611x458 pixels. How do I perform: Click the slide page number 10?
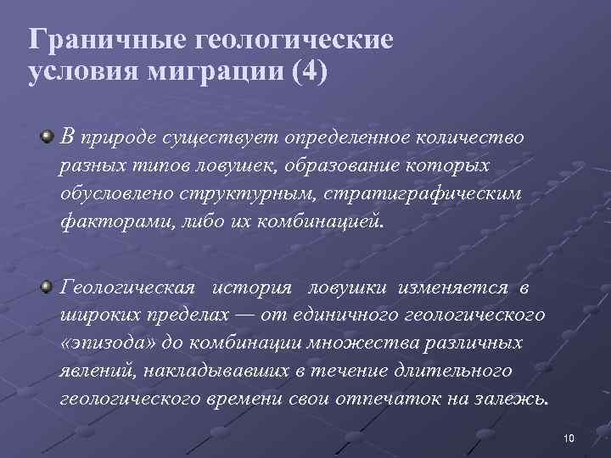(569, 438)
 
